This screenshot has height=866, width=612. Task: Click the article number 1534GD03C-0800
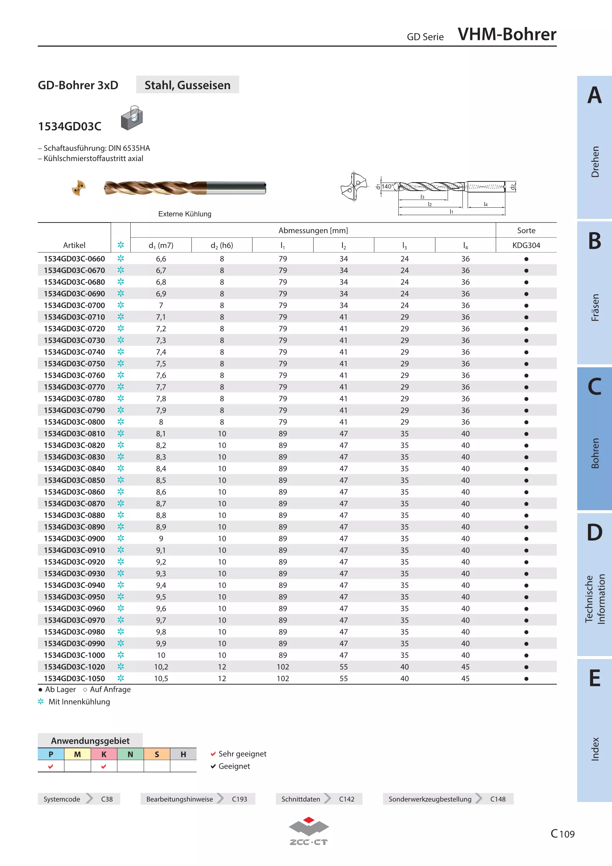pyautogui.click(x=74, y=422)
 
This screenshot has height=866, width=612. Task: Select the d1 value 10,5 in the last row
pyautogui.click(x=161, y=679)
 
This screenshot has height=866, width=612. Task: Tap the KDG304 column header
pyautogui.click(x=526, y=245)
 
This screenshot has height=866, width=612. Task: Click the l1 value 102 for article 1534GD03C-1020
pyautogui.click(x=283, y=667)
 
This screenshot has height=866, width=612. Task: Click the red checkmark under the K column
pyautogui.click(x=104, y=766)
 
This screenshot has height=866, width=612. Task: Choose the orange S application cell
pyautogui.click(x=157, y=754)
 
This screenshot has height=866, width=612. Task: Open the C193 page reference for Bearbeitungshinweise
pyautogui.click(x=240, y=799)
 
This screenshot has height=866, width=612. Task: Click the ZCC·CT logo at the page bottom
pyautogui.click(x=309, y=831)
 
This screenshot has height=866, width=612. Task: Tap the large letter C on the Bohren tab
pyautogui.click(x=595, y=387)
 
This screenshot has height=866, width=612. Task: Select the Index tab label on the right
pyautogui.click(x=595, y=749)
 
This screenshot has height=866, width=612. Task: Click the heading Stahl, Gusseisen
pyautogui.click(x=187, y=85)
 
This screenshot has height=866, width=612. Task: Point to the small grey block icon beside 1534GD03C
pyautogui.click(x=132, y=118)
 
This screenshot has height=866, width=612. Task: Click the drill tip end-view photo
pyautogui.click(x=79, y=188)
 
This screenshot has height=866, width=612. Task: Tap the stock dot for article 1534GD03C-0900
pyautogui.click(x=526, y=539)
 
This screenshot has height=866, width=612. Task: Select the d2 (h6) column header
pyautogui.click(x=222, y=245)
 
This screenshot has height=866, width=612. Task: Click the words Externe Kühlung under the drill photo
pyautogui.click(x=185, y=214)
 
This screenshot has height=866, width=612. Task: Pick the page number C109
pyautogui.click(x=563, y=833)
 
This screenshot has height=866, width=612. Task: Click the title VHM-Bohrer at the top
pyautogui.click(x=507, y=34)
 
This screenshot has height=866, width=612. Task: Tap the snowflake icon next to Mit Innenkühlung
pyautogui.click(x=41, y=702)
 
